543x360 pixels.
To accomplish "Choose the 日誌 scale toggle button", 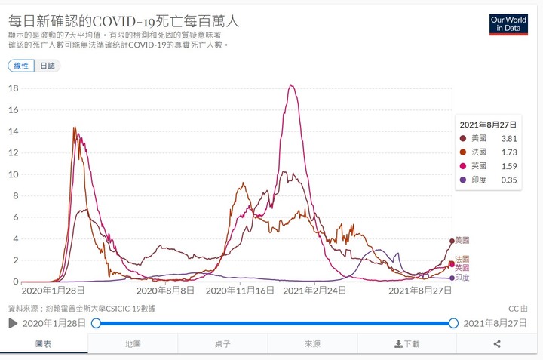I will click(48, 66).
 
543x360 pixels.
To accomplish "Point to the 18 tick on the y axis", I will click(13, 88).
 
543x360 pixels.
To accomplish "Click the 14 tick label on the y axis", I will click(13, 131).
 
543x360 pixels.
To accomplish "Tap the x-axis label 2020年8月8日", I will click(167, 290).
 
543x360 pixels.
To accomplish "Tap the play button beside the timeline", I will click(13, 323).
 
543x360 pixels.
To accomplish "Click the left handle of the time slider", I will click(96, 323).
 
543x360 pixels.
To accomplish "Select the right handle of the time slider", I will click(453, 323).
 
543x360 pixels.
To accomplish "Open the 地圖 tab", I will click(133, 344).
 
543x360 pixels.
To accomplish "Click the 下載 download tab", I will click(407, 344).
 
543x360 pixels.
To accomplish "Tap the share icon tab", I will click(497, 344).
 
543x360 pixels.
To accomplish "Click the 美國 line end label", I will click(462, 240).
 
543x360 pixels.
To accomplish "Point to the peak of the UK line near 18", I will click(292, 85).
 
